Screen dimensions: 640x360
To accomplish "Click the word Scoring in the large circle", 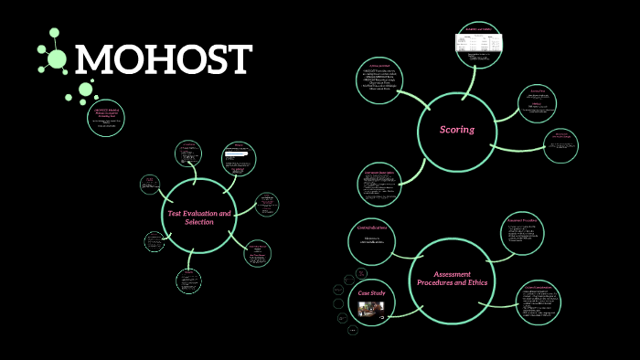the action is pos(457,130).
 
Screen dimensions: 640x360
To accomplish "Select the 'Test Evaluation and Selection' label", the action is pos(199,217).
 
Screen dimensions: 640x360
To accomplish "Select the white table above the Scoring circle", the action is pos(479,43).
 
